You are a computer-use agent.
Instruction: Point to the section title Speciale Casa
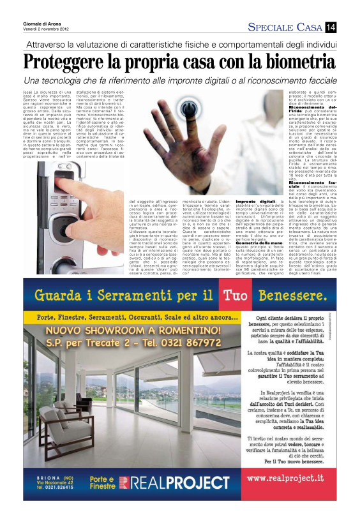(x=285, y=27)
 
